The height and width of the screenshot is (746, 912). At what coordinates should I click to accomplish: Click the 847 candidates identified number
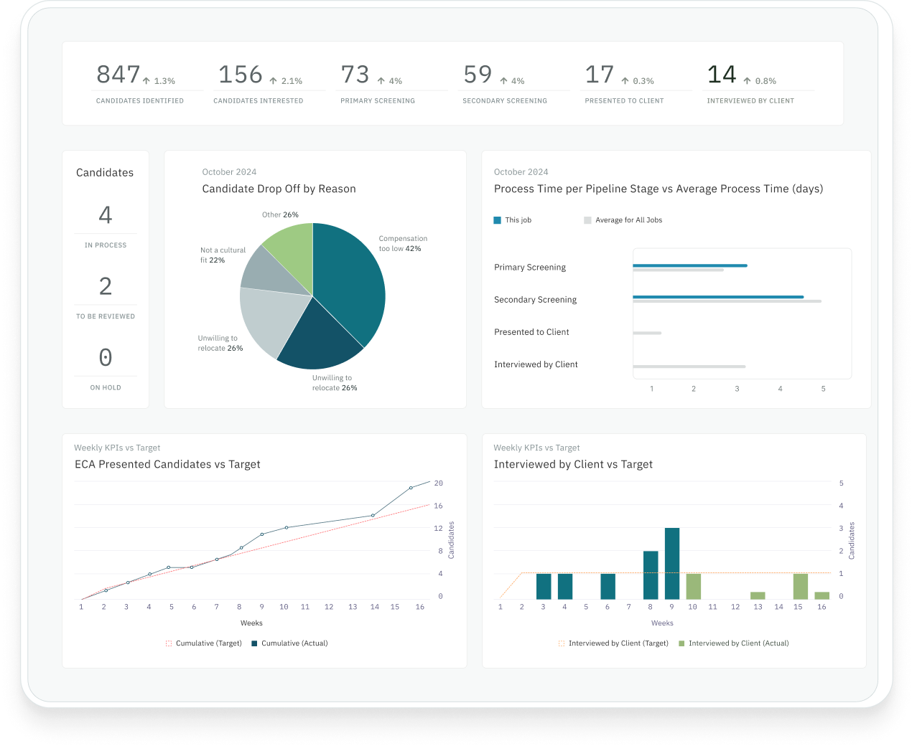(x=118, y=75)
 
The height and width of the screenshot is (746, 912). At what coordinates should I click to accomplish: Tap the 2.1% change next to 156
(x=287, y=81)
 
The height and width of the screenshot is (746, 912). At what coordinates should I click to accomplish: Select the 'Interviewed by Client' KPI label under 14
(x=750, y=101)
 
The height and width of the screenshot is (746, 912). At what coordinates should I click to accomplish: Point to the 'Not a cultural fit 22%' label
(x=223, y=255)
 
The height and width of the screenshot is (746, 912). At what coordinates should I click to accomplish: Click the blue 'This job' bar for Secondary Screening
(x=717, y=296)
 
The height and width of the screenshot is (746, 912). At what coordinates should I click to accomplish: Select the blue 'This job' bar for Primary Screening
(x=689, y=265)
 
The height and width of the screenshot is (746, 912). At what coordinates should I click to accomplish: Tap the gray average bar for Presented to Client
(x=646, y=333)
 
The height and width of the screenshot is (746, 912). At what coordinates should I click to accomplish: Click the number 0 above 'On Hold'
(x=106, y=357)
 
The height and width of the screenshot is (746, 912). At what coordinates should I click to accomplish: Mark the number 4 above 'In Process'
(x=106, y=215)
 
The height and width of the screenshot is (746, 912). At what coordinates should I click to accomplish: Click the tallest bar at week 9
(x=672, y=563)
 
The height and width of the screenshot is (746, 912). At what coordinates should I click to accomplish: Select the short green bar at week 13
(x=758, y=595)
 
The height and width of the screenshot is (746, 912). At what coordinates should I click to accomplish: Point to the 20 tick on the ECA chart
(x=438, y=483)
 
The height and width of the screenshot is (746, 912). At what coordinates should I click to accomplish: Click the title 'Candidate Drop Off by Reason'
(x=279, y=189)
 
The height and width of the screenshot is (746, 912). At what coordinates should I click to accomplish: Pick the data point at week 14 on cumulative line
(x=373, y=515)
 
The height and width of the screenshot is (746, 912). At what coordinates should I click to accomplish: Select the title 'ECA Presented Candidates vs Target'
(x=167, y=465)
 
